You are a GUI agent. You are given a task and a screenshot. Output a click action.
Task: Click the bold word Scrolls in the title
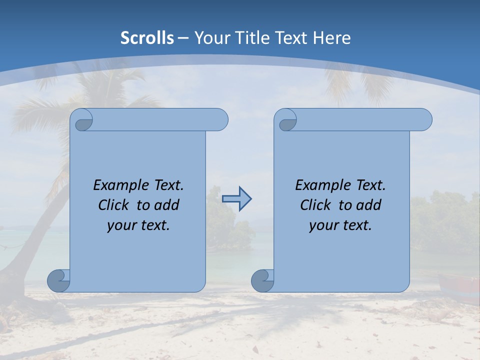[x=147, y=38]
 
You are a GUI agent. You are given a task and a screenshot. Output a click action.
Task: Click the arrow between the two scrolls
[x=236, y=199]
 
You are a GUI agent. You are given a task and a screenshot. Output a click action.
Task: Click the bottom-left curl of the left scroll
[x=58, y=280]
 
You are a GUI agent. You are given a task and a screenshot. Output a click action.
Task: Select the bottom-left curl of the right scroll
[x=262, y=280]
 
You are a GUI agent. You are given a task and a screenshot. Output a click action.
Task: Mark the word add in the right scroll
[x=369, y=205]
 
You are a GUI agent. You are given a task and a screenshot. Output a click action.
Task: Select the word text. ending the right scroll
[x=357, y=225]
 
